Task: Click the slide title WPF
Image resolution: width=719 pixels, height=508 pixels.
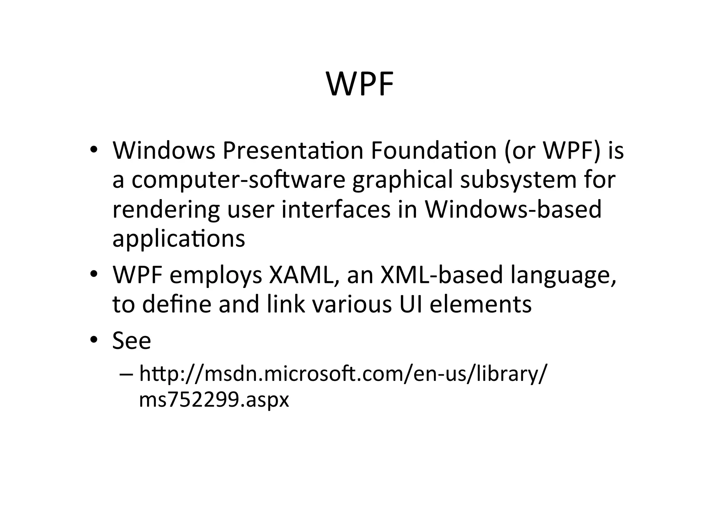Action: click(x=360, y=84)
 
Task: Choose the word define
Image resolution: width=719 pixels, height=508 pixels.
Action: click(x=177, y=304)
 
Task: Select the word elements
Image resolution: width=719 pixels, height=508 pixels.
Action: click(x=481, y=304)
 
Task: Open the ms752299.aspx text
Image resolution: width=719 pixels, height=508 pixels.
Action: click(x=214, y=400)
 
